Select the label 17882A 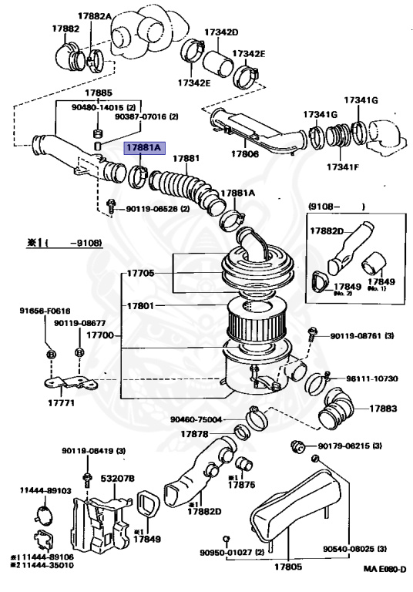[x=95, y=16]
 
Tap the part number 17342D [x=221, y=32]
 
